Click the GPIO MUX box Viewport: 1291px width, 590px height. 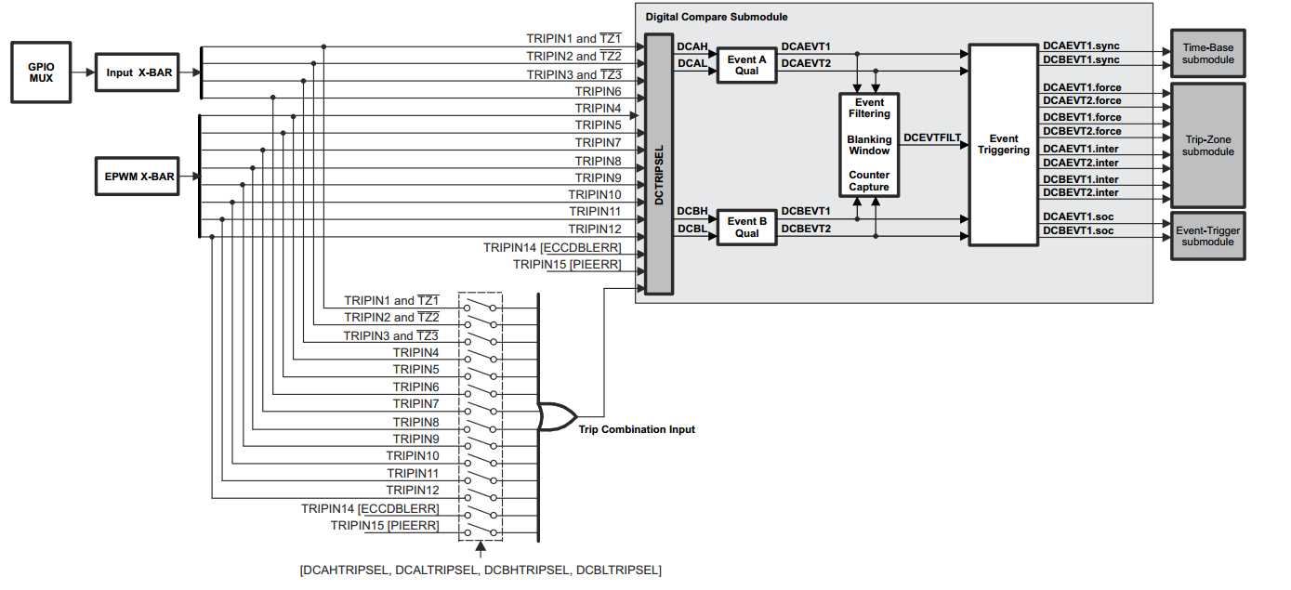(x=41, y=72)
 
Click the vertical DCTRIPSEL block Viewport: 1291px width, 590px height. (x=658, y=164)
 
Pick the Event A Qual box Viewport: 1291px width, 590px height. (x=746, y=65)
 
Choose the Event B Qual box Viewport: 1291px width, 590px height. (x=746, y=228)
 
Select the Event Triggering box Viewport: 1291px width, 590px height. (x=1003, y=144)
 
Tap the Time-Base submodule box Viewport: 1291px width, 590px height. (x=1207, y=53)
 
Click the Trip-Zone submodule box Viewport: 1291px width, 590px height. (x=1207, y=145)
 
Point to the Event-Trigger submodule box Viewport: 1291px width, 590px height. (x=1207, y=236)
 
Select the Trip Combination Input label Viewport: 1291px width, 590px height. (x=637, y=429)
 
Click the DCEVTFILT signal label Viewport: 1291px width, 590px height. (x=932, y=138)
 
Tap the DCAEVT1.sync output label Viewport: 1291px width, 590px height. (x=1082, y=46)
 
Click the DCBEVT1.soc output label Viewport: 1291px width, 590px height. (x=1078, y=230)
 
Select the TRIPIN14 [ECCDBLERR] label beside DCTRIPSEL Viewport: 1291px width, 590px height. (x=552, y=248)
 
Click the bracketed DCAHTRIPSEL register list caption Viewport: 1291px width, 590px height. (x=481, y=570)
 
